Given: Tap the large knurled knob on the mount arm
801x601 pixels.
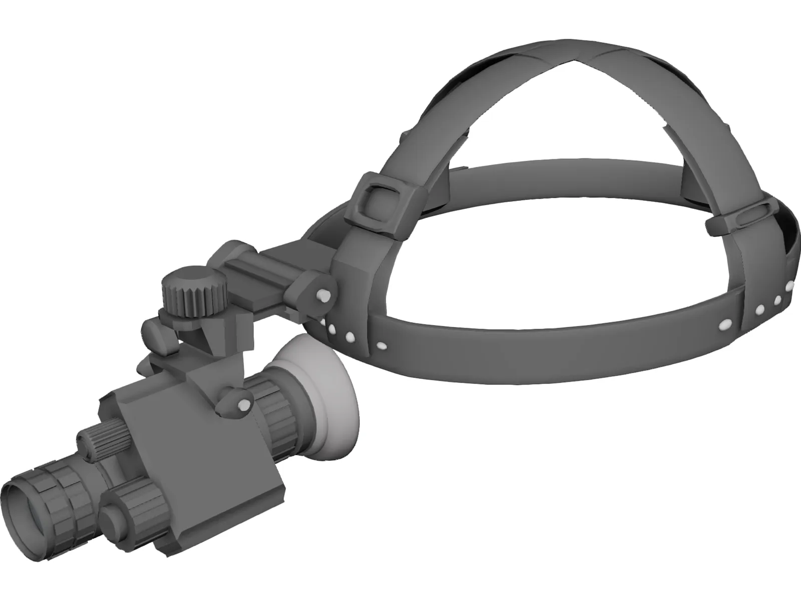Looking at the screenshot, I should pyautogui.click(x=192, y=292).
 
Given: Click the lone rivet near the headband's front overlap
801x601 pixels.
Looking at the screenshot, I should pyautogui.click(x=380, y=345).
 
